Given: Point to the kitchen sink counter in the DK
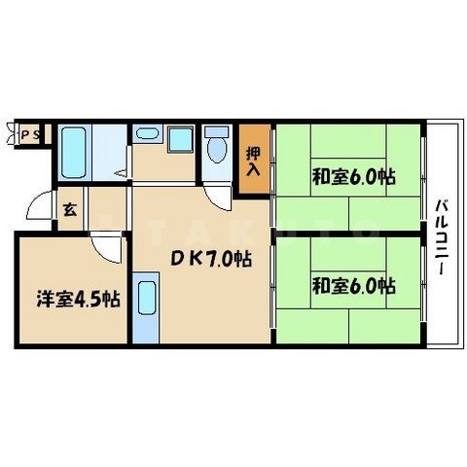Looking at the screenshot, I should click(x=144, y=308).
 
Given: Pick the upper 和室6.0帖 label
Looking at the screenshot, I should click(x=353, y=178).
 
